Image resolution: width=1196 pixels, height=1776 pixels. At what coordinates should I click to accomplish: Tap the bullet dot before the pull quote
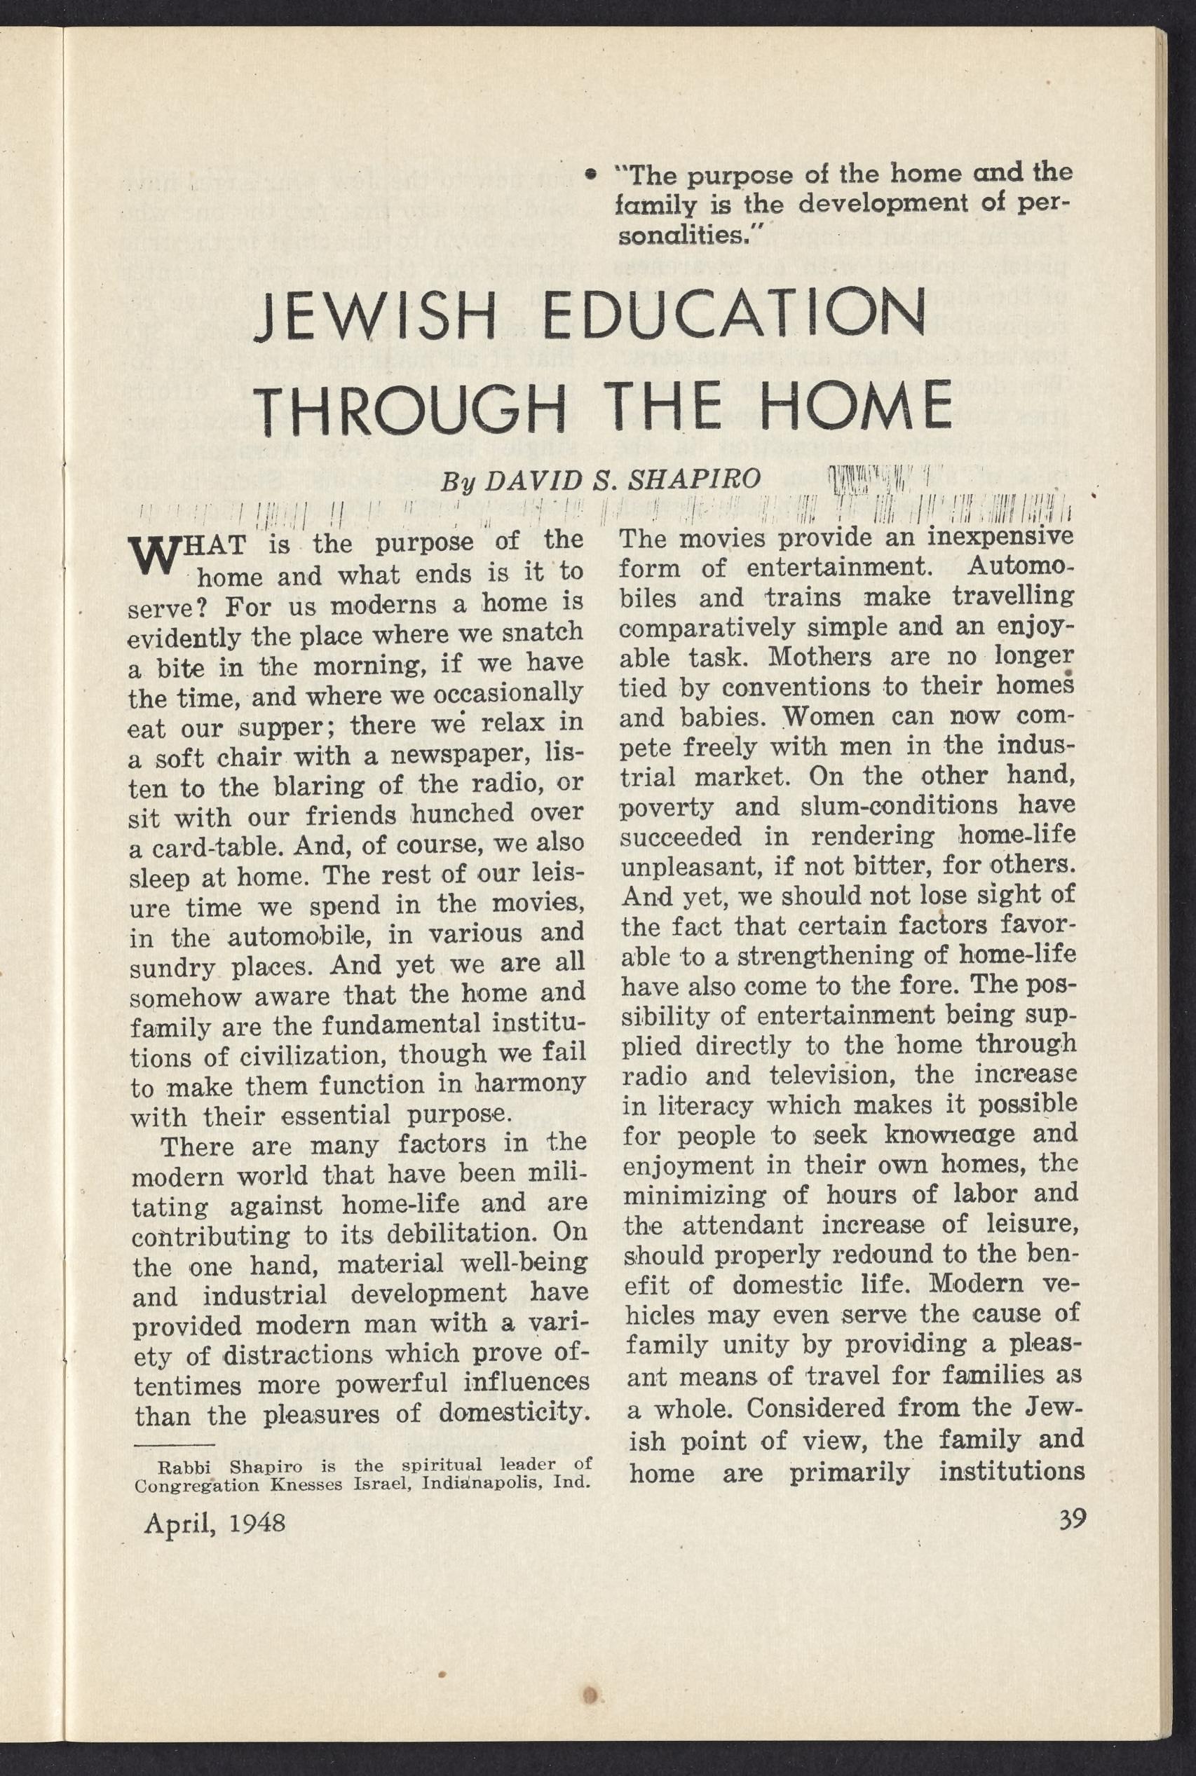coord(588,175)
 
